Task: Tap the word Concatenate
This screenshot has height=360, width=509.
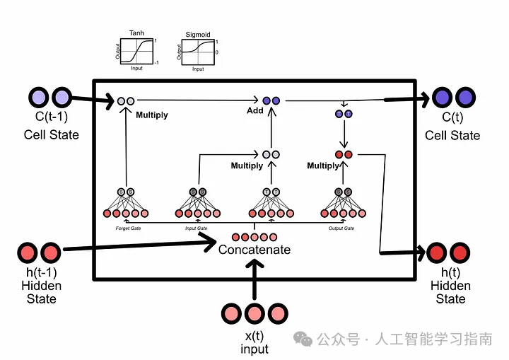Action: (254, 250)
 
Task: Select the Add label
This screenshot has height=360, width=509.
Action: (255, 111)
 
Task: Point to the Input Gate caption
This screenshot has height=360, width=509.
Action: (197, 228)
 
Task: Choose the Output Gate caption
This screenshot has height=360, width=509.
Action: (342, 228)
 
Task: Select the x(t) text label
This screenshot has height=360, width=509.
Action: (255, 337)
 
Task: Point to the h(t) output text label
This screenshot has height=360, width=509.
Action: (450, 274)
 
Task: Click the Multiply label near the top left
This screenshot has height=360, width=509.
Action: (151, 115)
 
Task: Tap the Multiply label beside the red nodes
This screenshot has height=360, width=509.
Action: (323, 166)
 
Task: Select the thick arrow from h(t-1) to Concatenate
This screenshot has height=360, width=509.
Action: (141, 246)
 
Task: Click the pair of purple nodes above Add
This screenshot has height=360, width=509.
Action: (271, 101)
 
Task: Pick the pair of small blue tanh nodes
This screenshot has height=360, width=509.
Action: (344, 114)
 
